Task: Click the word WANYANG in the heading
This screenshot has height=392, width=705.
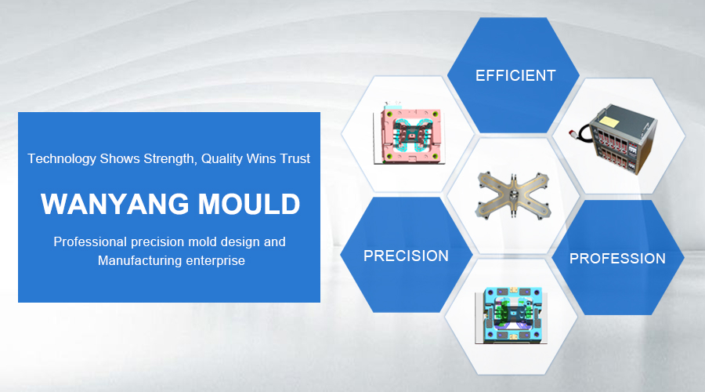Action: tap(114, 204)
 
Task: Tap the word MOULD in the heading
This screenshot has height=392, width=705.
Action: tap(249, 204)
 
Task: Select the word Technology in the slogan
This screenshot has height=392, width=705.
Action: tap(62, 159)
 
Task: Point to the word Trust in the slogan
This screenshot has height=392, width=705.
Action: tap(295, 158)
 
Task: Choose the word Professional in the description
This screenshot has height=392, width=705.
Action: tap(90, 241)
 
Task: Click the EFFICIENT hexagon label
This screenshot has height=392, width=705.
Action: tap(515, 75)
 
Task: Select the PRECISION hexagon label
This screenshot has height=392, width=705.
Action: tap(406, 256)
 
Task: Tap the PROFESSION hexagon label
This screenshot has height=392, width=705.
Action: tap(617, 259)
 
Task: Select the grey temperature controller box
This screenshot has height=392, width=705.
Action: tap(623, 136)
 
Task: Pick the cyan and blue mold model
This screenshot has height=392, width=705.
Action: tap(512, 315)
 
